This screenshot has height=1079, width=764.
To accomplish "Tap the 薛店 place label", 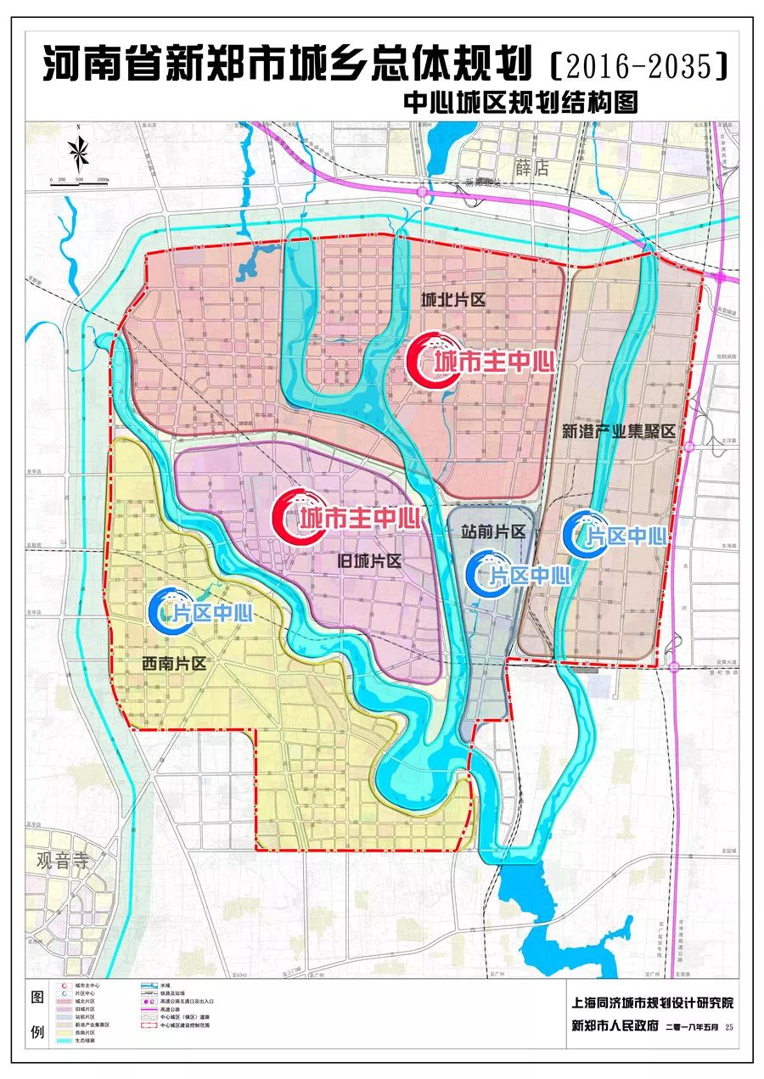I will point(532,167).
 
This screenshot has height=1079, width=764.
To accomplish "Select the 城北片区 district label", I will point(453,301).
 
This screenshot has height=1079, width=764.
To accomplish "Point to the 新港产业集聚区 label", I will point(618,431).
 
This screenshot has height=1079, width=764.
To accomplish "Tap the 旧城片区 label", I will point(369,561).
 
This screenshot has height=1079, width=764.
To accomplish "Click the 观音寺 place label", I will point(62,859).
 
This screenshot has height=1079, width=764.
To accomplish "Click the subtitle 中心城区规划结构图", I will point(521,103).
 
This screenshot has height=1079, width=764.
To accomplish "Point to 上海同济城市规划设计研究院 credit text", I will point(652,1003).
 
